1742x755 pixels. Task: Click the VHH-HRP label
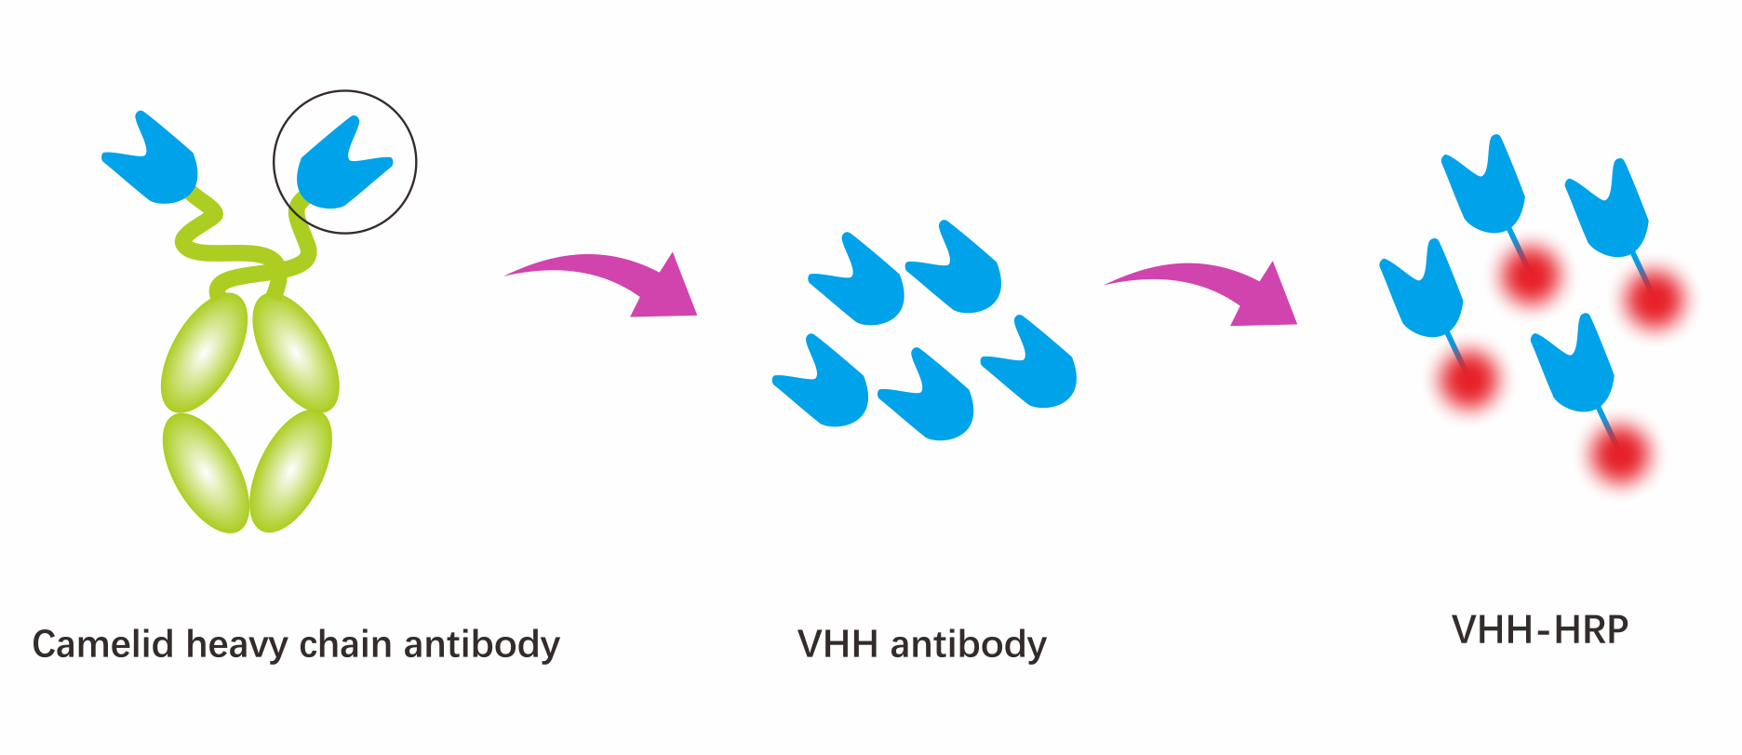(1540, 630)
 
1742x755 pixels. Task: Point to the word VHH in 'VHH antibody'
(837, 644)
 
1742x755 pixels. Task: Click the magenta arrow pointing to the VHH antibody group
(601, 283)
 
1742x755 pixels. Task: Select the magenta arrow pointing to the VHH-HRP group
(1201, 291)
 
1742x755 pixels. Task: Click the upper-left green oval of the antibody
(205, 353)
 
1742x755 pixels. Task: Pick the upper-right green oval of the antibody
(296, 353)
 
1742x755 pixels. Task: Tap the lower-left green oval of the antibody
(206, 473)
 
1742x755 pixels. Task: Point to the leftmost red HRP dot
(1467, 380)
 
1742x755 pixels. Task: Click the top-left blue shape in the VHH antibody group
(856, 279)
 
